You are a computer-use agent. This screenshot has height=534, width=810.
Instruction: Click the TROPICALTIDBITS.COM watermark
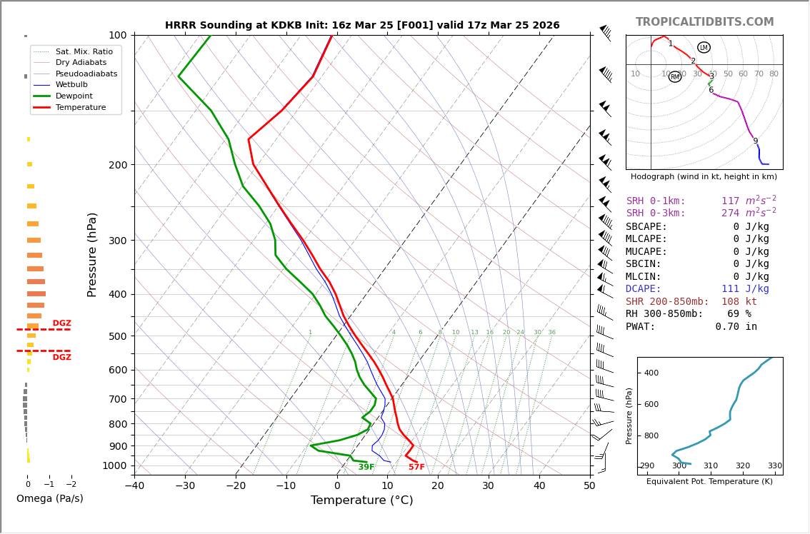pos(704,22)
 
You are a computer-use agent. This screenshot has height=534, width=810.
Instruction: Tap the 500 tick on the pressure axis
pos(117,336)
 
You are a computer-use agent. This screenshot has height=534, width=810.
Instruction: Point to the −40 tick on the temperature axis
pos(134,486)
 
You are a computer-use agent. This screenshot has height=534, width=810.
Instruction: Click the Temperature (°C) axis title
pos(361,500)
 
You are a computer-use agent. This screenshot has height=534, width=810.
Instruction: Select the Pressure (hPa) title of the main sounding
pos(92,254)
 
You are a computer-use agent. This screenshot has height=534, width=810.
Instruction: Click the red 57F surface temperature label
pos(416,468)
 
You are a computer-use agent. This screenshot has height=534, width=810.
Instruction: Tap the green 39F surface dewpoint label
pos(366,468)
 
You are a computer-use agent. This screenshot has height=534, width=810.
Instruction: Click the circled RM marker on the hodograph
pos(675,77)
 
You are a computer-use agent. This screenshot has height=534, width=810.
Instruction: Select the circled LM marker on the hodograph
pos(704,48)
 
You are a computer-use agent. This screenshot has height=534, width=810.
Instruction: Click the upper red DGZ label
pos(62,323)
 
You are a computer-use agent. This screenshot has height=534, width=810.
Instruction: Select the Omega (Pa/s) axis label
pos(50,498)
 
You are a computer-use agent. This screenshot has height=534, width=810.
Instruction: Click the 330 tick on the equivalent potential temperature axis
pos(775,466)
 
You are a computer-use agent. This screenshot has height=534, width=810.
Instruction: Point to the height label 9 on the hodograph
pos(755,141)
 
